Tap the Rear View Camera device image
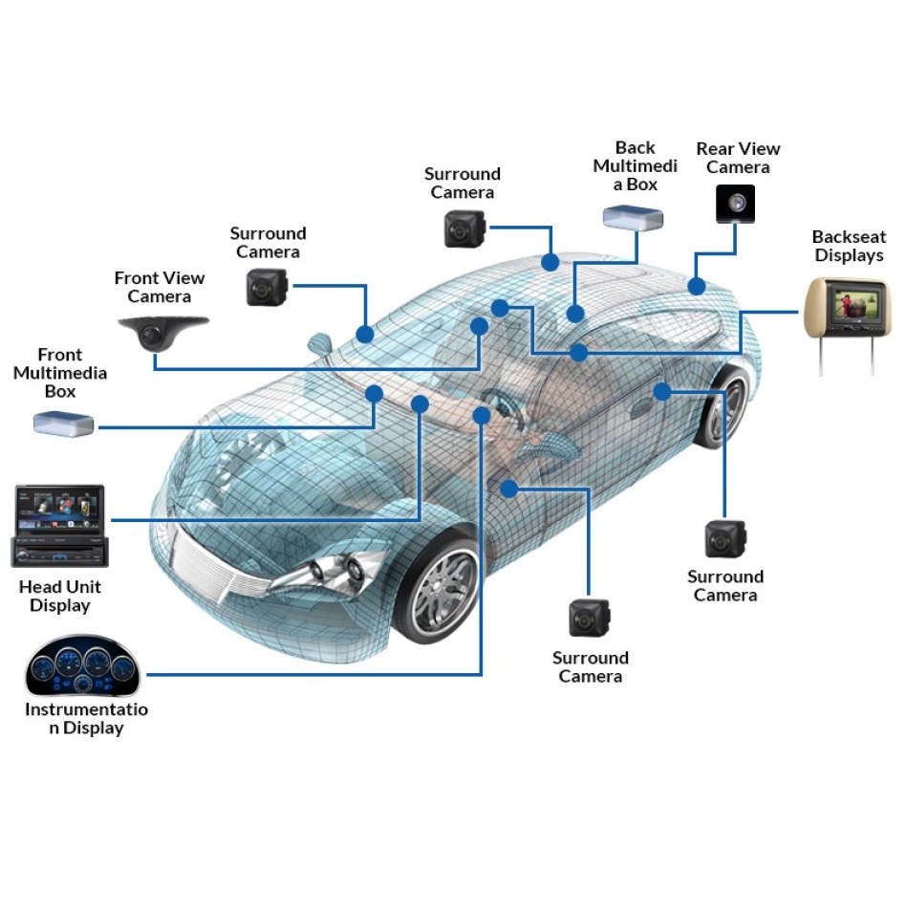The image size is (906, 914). pyautogui.click(x=735, y=204)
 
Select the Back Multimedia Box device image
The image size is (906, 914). pyautogui.click(x=633, y=217)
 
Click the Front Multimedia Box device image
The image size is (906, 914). pyautogui.click(x=63, y=424)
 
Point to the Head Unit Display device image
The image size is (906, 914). pyautogui.click(x=59, y=526)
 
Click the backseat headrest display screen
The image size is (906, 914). pyautogui.click(x=856, y=305)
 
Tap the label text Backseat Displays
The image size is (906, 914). pyautogui.click(x=849, y=246)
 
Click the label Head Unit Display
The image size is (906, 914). pyautogui.click(x=60, y=596)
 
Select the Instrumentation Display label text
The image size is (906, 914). pyautogui.click(x=86, y=718)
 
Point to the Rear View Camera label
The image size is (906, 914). pyautogui.click(x=738, y=158)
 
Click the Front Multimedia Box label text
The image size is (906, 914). pyautogui.click(x=60, y=373)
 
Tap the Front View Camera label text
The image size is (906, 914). pyautogui.click(x=160, y=287)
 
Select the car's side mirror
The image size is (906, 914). pyautogui.click(x=319, y=343)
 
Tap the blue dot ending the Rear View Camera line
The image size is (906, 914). pyautogui.click(x=697, y=286)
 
